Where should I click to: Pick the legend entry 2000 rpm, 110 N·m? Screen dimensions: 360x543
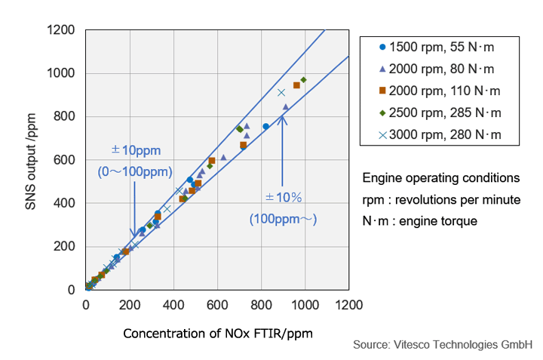point(440,91)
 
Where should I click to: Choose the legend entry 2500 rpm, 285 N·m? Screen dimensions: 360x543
point(440,113)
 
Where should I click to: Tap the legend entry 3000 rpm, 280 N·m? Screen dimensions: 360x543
point(440,136)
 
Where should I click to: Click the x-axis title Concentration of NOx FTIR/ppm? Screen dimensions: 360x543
point(217,333)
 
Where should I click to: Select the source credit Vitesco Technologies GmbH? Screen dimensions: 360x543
point(443,345)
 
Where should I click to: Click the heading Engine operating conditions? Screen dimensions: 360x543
point(440,178)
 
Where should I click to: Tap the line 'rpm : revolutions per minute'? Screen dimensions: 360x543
point(441,200)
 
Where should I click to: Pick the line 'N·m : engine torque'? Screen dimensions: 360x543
point(419,222)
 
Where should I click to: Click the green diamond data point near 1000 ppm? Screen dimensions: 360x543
point(303,80)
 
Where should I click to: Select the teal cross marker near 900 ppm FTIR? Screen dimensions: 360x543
point(281,93)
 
